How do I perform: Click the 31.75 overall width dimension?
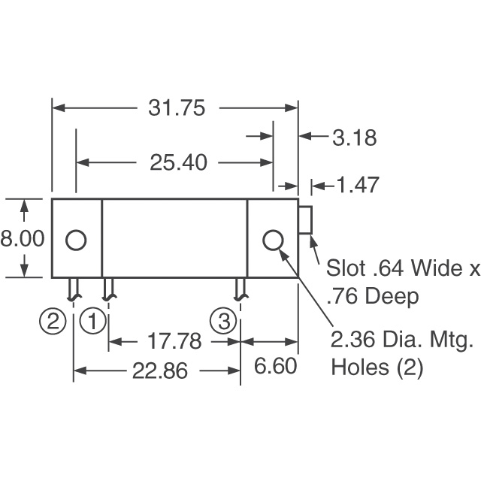click(177, 108)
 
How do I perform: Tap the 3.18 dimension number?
click(353, 138)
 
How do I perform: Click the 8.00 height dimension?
click(23, 239)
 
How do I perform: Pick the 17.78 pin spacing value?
click(175, 341)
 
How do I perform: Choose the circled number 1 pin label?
click(93, 322)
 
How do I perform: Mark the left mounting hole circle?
click(76, 240)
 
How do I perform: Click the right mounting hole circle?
click(274, 240)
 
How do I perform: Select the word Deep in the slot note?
click(392, 297)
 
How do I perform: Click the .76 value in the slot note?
click(343, 297)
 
